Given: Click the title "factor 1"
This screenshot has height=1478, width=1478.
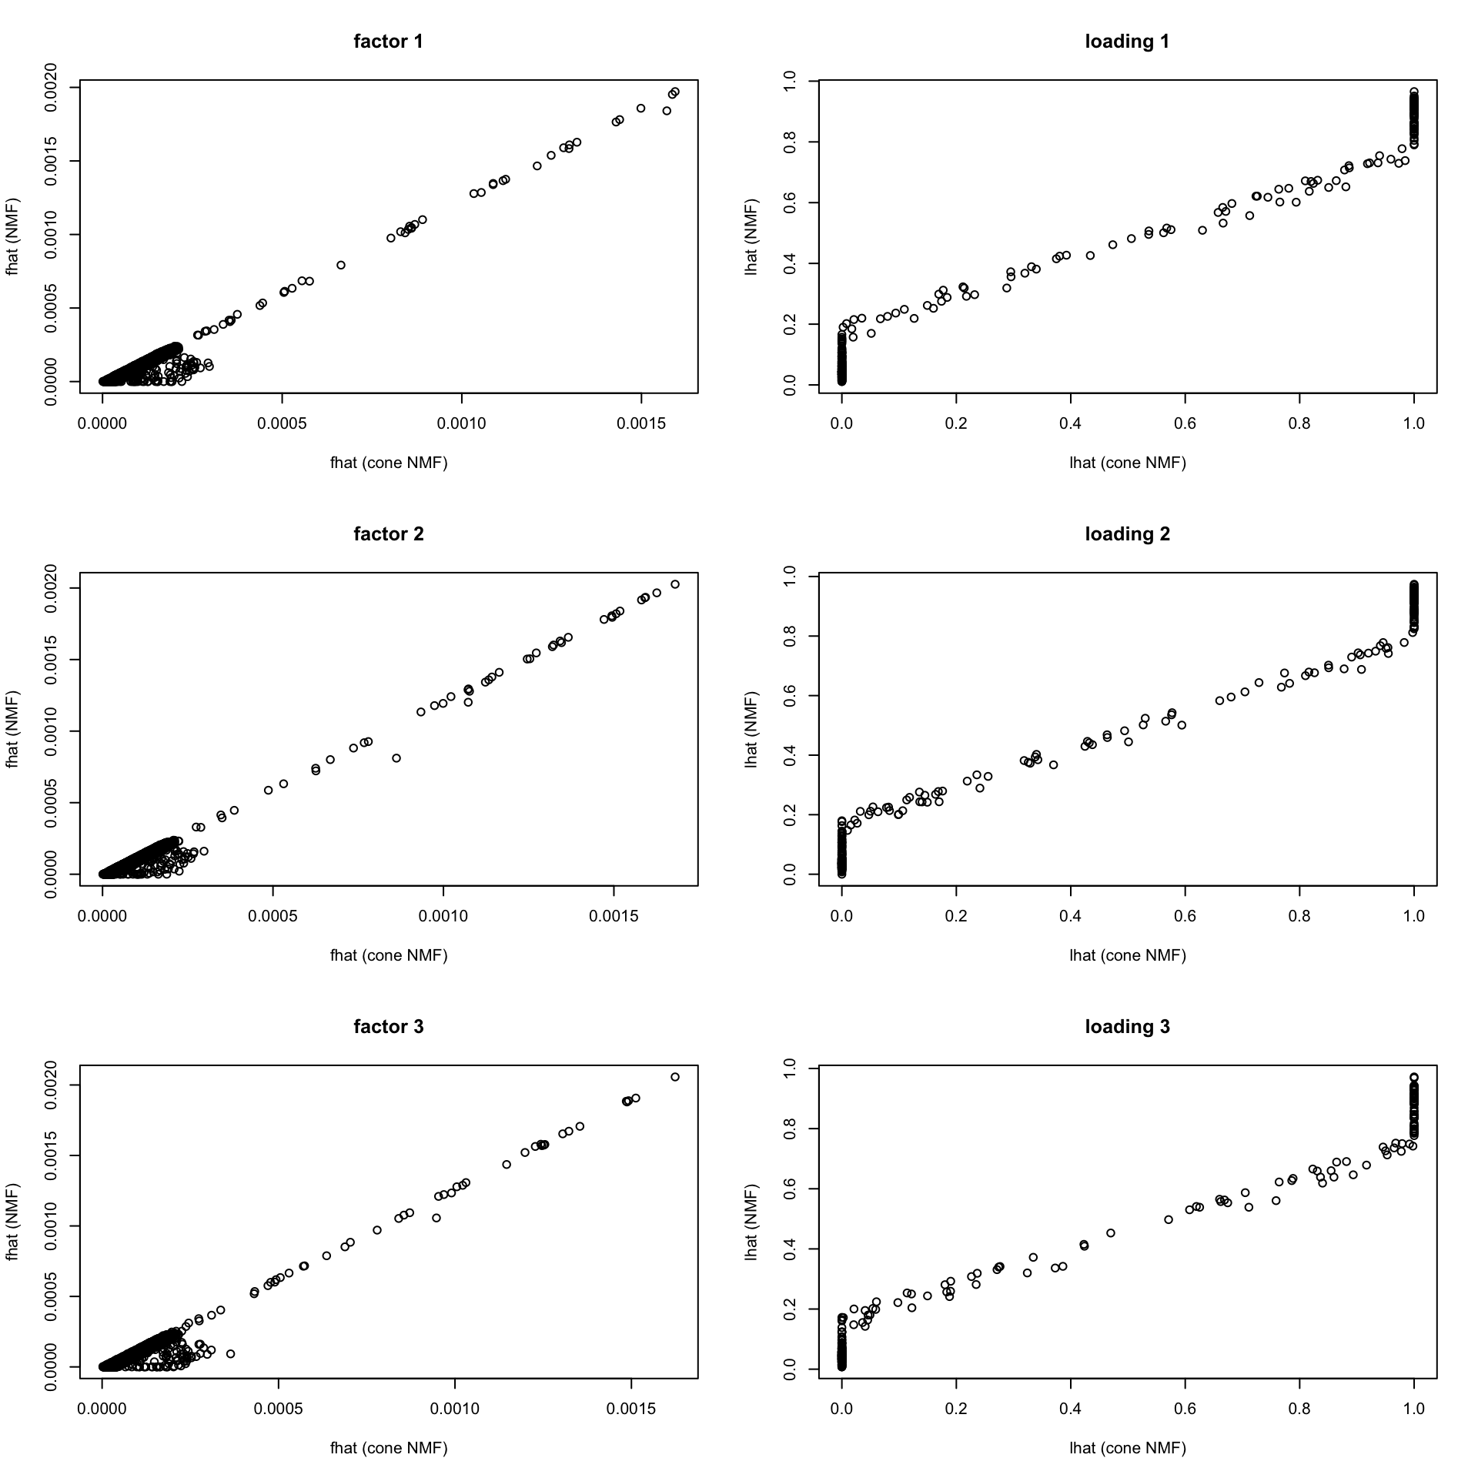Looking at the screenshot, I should coord(388,42).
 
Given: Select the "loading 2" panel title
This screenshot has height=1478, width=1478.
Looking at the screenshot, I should coord(1127,534).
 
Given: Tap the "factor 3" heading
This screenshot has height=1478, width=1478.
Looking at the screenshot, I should coord(388,1027).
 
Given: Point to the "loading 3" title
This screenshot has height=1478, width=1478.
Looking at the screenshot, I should coord(1127,1027).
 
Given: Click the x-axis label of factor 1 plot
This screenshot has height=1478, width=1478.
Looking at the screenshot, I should coord(388,463).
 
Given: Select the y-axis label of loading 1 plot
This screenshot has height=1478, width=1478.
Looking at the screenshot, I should coord(751,236).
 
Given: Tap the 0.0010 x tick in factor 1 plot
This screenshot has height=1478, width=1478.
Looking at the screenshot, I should coord(462,423).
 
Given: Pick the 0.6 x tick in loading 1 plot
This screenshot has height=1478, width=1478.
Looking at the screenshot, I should coord(1185,423).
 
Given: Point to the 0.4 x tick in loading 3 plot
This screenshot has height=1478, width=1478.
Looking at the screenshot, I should coord(1070,1408).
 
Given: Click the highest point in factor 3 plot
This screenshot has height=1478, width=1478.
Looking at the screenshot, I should coord(675,1077).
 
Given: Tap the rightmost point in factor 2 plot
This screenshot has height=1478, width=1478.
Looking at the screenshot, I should coord(675,584).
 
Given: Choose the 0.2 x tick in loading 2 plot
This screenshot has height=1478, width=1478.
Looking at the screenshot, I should coord(956,915).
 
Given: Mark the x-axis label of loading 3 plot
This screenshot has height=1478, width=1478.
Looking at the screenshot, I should coord(1127,1448).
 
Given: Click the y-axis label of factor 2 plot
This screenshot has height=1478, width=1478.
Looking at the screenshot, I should coord(12,729).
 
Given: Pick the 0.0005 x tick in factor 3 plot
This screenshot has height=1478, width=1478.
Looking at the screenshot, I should coord(278,1408).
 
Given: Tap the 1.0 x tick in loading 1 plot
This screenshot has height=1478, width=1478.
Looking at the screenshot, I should coord(1414,423).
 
